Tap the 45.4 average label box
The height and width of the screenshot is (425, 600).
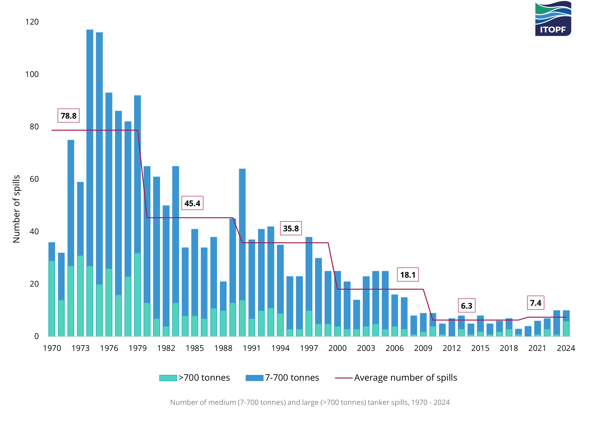192,203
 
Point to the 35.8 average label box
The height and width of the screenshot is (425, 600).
291,228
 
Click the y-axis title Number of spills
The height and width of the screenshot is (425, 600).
16,209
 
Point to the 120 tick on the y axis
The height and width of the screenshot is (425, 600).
32,22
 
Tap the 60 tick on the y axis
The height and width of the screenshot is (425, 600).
34,179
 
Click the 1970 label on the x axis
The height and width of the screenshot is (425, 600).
52,348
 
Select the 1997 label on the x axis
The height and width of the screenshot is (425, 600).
309,348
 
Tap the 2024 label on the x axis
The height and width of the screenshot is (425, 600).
566,348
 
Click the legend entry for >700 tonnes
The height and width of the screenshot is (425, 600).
195,378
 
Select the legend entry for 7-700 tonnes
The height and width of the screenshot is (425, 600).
282,378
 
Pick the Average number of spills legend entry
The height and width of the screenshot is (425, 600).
396,378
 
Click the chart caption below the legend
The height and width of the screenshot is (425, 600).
310,402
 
